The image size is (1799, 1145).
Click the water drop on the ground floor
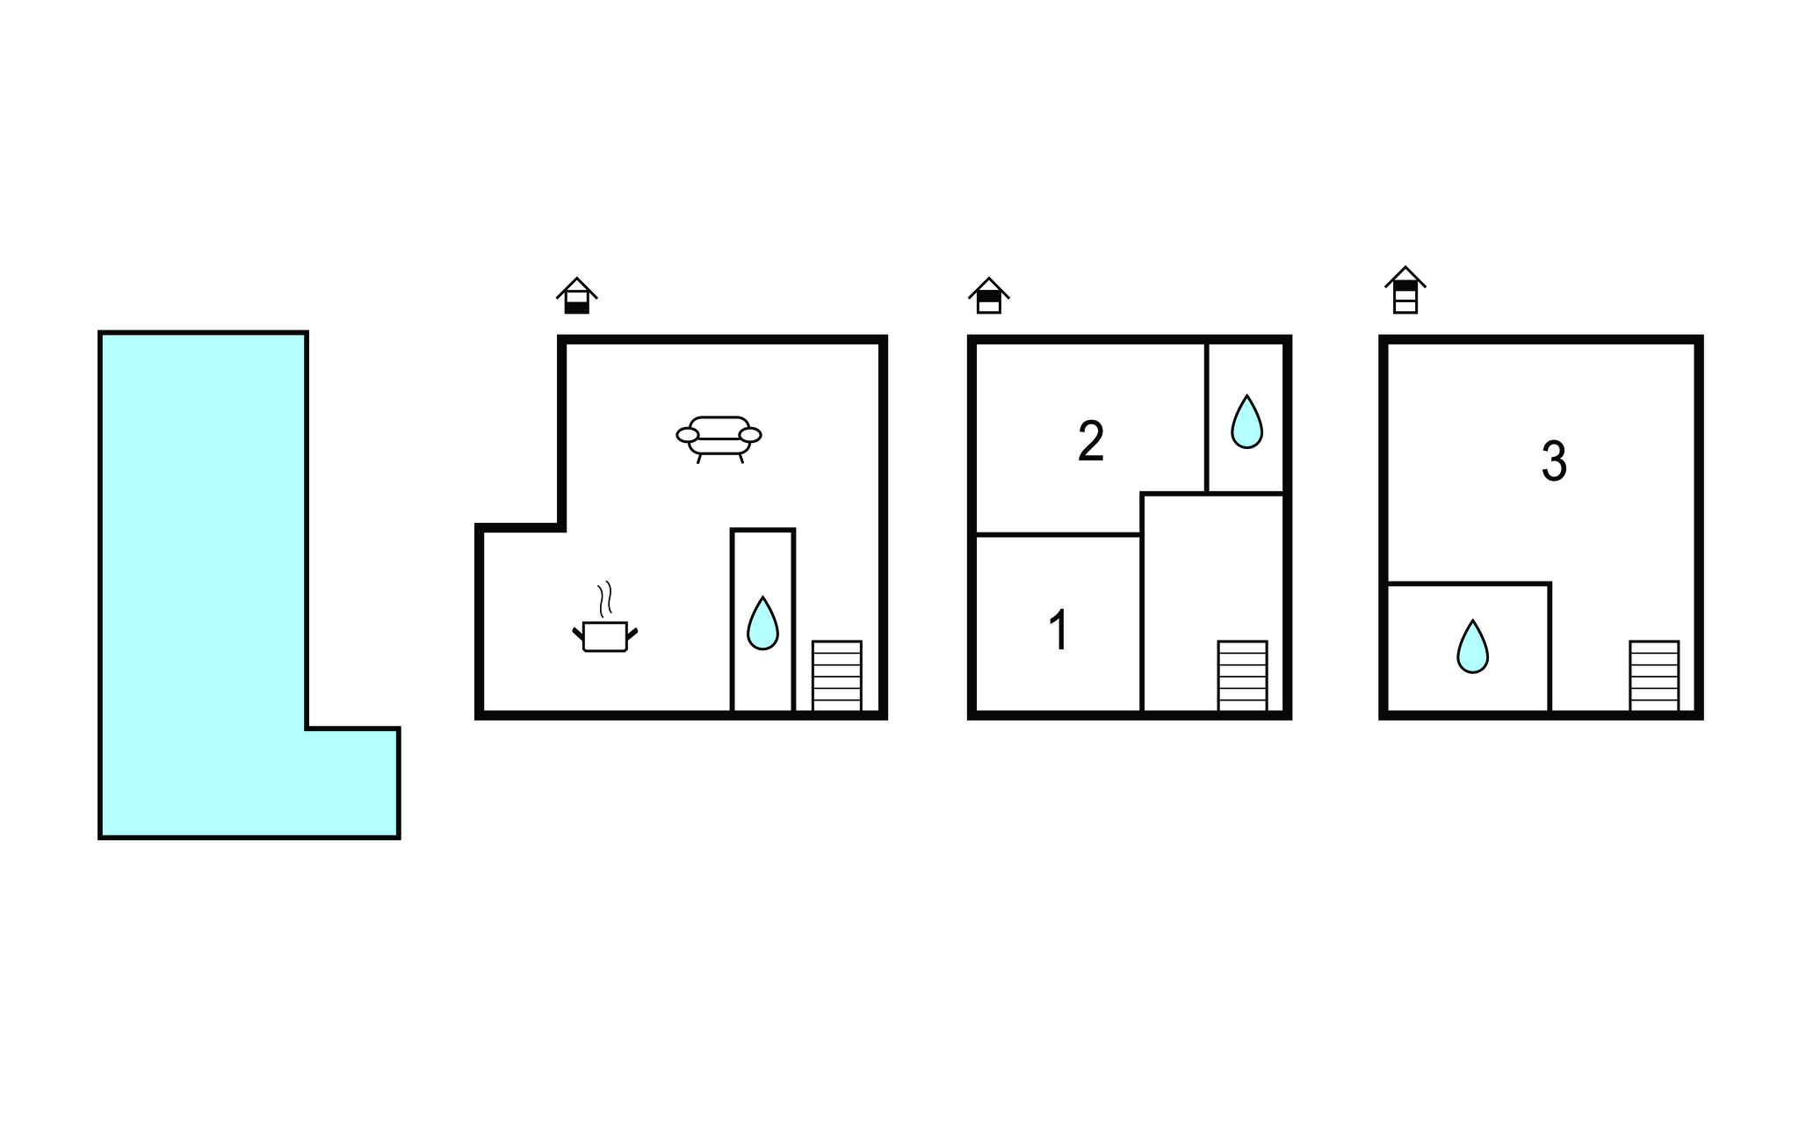(762, 623)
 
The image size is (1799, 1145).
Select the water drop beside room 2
(1246, 422)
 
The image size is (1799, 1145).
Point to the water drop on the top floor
(1472, 646)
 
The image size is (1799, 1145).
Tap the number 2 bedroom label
(1091, 441)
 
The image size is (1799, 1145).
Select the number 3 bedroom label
(1554, 460)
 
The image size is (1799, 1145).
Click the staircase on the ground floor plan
(836, 676)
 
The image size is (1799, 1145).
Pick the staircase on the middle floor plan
(1242, 676)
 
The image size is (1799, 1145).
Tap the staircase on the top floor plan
(1654, 676)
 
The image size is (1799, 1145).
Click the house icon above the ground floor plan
(576, 295)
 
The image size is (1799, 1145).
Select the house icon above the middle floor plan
(988, 295)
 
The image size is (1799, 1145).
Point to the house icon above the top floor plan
(1405, 290)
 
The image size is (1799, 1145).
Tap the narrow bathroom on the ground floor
(762, 620)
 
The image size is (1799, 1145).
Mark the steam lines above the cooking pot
(604, 599)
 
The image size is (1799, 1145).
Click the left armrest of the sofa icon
(687, 435)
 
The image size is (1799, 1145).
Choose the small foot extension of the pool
(353, 783)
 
